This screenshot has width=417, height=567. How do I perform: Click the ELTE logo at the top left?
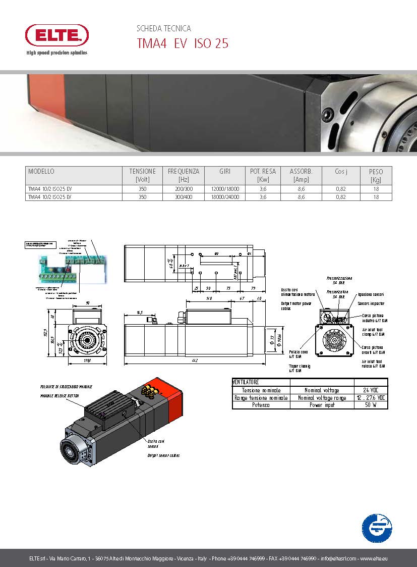[56, 36]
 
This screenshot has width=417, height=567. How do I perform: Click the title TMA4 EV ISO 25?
[183, 44]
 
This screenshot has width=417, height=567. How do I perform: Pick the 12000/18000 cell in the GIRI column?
[225, 189]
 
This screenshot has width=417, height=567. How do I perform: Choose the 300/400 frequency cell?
[184, 197]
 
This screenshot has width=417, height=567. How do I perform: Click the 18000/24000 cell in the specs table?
[225, 197]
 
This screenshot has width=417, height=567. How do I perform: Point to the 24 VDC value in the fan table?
[371, 390]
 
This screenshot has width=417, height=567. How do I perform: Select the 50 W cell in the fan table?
[371, 405]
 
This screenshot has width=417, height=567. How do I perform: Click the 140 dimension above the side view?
[208, 299]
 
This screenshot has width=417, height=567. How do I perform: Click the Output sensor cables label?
[163, 455]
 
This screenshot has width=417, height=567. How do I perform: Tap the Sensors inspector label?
[371, 303]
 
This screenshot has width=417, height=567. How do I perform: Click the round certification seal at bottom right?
[376, 528]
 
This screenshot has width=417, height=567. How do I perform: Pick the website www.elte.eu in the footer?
[374, 558]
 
